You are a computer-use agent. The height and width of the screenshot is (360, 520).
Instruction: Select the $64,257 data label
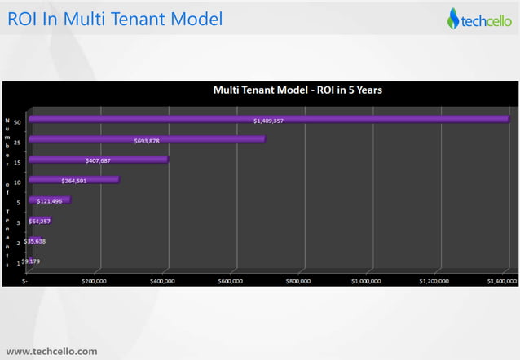(x=40, y=221)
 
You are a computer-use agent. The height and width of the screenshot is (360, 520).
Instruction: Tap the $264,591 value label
(x=74, y=180)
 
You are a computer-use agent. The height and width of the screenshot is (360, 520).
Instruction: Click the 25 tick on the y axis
(x=18, y=139)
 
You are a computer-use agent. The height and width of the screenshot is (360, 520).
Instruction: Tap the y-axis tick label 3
(x=19, y=222)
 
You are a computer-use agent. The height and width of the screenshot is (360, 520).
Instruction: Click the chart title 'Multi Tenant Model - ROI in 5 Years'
(x=297, y=90)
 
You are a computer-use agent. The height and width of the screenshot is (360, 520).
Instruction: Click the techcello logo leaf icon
(x=453, y=18)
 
